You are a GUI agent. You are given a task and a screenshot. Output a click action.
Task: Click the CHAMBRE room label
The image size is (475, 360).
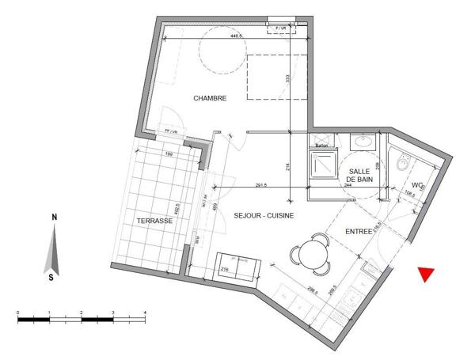211,98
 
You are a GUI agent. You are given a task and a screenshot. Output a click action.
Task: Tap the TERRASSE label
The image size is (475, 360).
154,221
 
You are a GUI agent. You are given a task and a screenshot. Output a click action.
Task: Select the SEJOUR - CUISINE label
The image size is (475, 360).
264,214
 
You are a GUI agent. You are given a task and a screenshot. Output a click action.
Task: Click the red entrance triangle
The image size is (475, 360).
427,275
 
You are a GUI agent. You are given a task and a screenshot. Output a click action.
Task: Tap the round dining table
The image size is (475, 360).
309,254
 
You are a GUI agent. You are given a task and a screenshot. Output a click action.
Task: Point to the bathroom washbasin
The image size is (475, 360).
363,142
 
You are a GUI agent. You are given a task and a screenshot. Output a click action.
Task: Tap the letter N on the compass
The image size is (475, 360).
53,217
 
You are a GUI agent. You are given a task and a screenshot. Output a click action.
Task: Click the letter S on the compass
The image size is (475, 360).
52,277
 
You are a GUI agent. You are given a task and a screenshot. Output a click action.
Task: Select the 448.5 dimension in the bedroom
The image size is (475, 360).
235,36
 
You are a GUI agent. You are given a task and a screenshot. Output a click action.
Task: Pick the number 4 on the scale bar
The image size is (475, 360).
145,313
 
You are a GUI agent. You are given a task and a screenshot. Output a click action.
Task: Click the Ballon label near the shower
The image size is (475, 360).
321,146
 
